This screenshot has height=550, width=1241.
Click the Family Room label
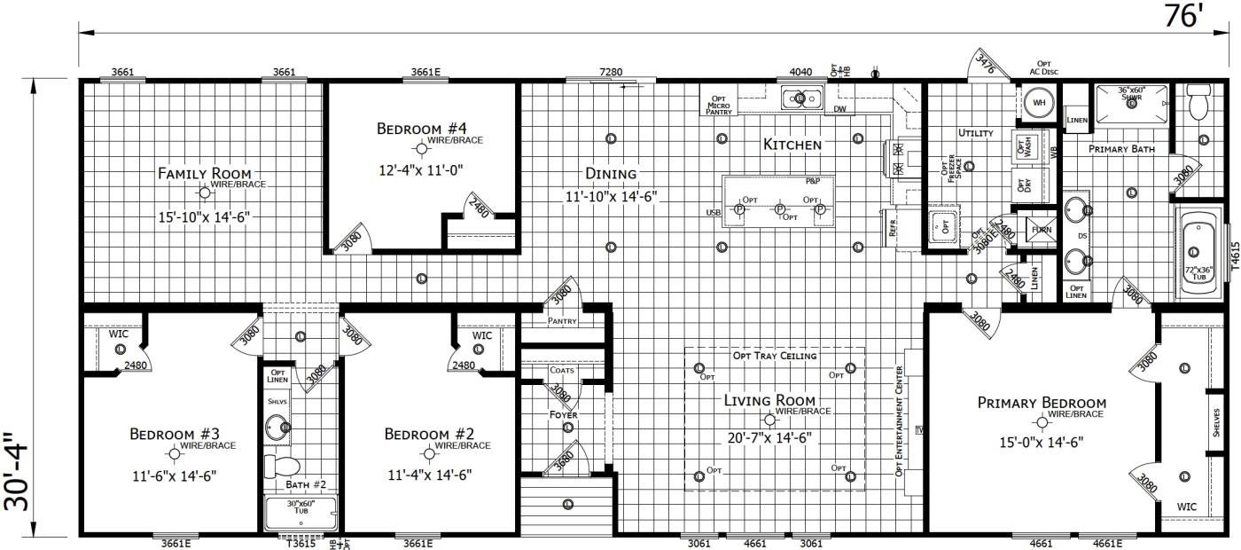[x=204, y=173]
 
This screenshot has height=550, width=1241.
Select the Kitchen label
[x=792, y=144]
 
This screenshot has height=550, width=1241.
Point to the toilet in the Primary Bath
[x=1198, y=104]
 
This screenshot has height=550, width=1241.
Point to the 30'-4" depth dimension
[x=17, y=472]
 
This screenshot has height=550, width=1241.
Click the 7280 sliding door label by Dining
[x=611, y=72]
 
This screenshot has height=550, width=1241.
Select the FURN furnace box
[x=1040, y=230]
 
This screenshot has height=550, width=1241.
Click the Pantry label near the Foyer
[x=562, y=321]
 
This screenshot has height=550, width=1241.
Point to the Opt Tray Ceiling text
[x=774, y=356]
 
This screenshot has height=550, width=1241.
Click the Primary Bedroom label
[x=1042, y=403]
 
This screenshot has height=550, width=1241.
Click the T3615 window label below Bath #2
[x=300, y=543]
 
